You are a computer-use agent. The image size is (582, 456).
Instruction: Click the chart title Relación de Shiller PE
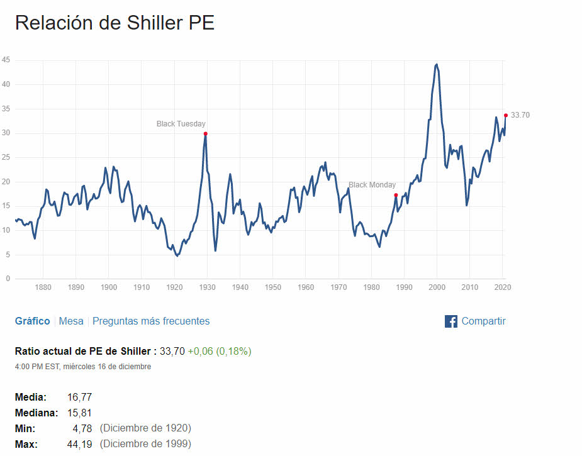pos(115,23)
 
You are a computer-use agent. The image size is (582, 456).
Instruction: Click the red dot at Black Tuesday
pos(206,133)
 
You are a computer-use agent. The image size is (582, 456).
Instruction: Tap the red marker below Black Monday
pos(396,196)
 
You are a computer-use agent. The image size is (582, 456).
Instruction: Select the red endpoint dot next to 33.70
pos(505,115)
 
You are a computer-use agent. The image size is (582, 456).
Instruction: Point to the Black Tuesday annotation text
pos(181,124)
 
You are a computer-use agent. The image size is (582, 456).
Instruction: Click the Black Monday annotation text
pos(372,185)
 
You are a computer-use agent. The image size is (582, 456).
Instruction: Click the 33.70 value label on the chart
pos(520,115)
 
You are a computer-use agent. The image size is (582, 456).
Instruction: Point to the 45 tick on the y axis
pos(6,60)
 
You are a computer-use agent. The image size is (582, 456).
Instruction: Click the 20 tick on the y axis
pos(6,182)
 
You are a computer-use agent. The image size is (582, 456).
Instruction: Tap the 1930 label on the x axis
pos(207,287)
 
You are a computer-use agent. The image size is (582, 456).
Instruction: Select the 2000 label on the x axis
pos(437,287)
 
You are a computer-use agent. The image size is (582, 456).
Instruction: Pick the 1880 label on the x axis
pos(43,287)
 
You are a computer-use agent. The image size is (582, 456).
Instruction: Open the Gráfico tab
pos(32,321)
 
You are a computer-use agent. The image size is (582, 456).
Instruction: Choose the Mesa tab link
pos(71,321)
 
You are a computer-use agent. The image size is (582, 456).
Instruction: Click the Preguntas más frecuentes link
pos(151,321)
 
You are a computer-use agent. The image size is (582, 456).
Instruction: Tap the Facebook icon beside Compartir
pos(450,321)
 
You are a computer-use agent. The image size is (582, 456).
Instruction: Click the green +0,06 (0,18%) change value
pos(220,351)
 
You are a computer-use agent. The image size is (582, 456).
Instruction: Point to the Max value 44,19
pos(79,444)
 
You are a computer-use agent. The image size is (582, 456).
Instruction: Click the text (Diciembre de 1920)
pos(145,428)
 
